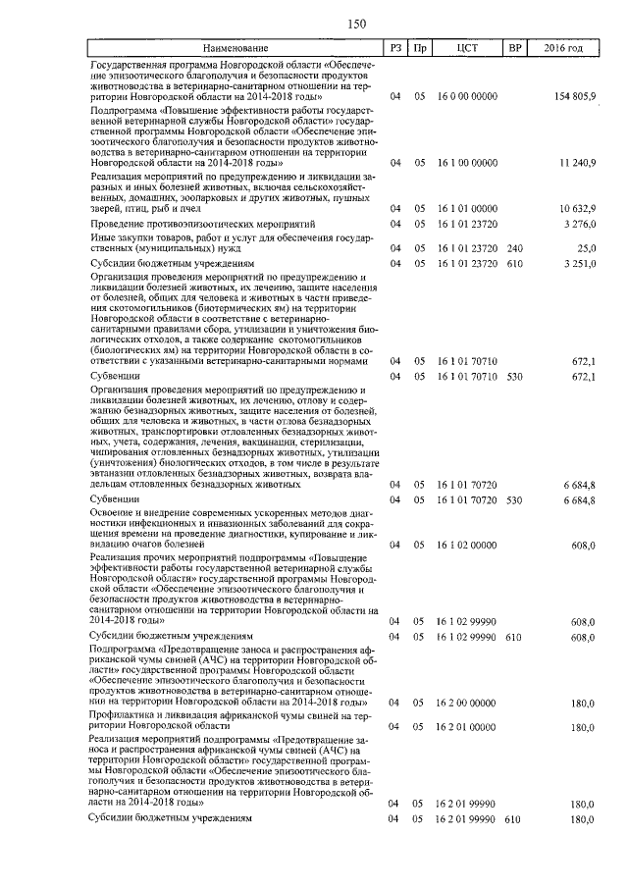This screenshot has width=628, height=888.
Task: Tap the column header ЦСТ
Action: pyautogui.click(x=466, y=48)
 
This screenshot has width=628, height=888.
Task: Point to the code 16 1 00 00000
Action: pyautogui.click(x=466, y=161)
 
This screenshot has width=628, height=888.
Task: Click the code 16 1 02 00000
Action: pyautogui.click(x=466, y=544)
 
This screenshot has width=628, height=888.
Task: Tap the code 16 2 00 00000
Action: pyautogui.click(x=466, y=703)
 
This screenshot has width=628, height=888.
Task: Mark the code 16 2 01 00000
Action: pyautogui.click(x=466, y=727)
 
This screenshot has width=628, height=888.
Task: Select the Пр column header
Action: pyautogui.click(x=420, y=48)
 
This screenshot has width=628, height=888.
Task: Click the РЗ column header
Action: pyautogui.click(x=394, y=48)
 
